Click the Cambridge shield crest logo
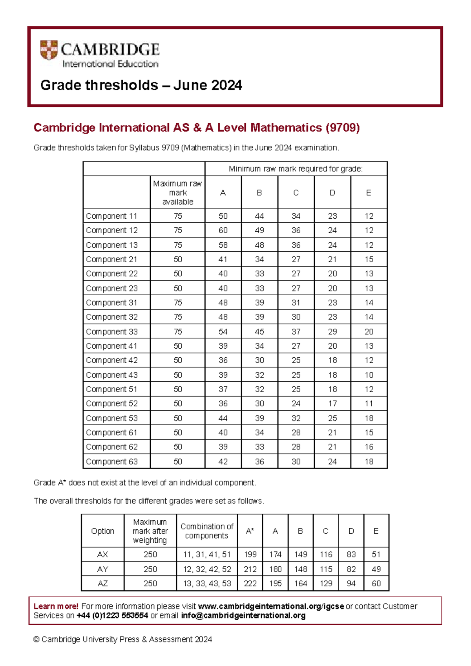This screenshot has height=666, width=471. click(x=49, y=50)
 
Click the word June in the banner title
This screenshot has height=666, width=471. click(x=186, y=85)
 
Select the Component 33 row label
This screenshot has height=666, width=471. click(x=112, y=331)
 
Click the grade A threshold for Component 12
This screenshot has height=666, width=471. click(x=223, y=230)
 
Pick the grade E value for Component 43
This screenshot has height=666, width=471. click(x=369, y=375)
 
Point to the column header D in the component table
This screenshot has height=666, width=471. click(x=332, y=192)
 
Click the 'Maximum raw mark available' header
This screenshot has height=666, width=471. click(x=178, y=192)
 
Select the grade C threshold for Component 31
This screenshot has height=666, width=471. click(x=296, y=302)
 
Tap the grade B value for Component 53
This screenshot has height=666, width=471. click(x=259, y=418)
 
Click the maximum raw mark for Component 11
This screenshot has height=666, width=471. click(x=178, y=216)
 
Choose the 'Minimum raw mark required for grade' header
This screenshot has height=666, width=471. click(x=296, y=169)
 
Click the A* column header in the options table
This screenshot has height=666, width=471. click(x=250, y=531)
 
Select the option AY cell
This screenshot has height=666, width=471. click(x=102, y=569)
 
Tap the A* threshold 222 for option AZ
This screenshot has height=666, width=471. click(x=250, y=584)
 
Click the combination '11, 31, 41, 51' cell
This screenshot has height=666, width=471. click(x=207, y=554)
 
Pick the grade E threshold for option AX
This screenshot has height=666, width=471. click(x=376, y=554)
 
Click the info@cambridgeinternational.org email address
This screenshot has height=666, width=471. click(x=243, y=615)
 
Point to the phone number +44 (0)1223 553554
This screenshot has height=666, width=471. click(x=112, y=615)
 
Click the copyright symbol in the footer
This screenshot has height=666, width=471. click(x=37, y=639)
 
